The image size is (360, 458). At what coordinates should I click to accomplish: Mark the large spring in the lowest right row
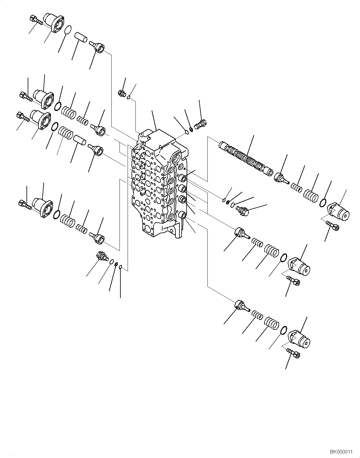(272, 326)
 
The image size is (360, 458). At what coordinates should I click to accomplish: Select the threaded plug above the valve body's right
(201, 124)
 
